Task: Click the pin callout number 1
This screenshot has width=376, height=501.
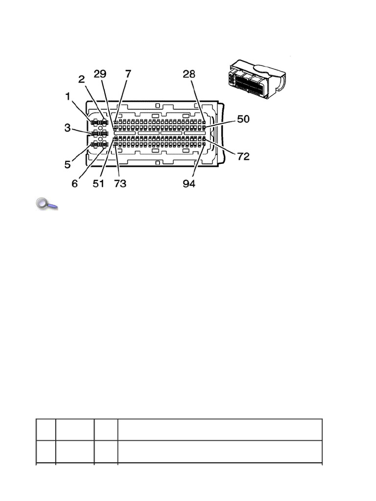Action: tap(69, 96)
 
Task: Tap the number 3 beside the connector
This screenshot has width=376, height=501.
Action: tap(68, 128)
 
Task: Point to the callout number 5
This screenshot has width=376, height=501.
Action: tap(68, 165)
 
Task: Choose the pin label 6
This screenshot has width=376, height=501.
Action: tap(75, 184)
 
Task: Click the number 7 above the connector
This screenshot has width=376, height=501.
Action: tap(128, 74)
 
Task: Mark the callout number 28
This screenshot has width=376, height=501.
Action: tap(189, 74)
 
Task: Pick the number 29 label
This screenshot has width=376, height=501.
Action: tap(100, 74)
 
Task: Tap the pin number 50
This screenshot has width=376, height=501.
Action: tap(243, 119)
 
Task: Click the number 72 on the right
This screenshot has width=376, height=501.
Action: tap(243, 157)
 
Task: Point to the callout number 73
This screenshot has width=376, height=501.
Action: tap(120, 184)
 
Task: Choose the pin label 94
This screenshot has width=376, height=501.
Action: tap(189, 184)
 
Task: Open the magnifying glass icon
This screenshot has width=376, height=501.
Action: tap(47, 204)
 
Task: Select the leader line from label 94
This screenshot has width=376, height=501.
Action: tap(198, 161)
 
